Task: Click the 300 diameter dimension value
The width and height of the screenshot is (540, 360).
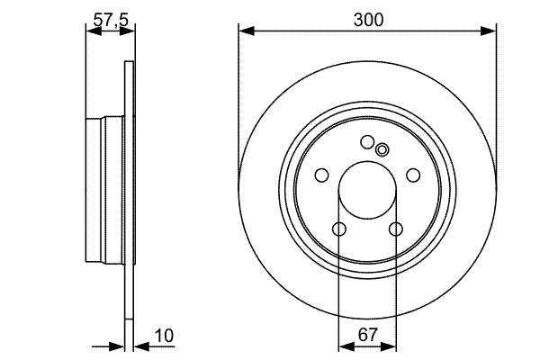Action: (x=368, y=20)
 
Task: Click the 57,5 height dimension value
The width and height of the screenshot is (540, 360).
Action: (x=111, y=20)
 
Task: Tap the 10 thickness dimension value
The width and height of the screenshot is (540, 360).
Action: (x=165, y=336)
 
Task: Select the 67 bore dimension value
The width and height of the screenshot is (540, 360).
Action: (x=367, y=335)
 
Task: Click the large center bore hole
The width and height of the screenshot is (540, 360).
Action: (x=367, y=190)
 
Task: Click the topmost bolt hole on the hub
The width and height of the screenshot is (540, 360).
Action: (x=367, y=142)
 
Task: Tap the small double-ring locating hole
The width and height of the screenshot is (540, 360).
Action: (x=382, y=150)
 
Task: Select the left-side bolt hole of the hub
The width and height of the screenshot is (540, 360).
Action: (x=321, y=175)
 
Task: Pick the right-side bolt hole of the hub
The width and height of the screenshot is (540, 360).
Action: (x=413, y=175)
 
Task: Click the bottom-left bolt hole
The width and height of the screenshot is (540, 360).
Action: (x=339, y=229)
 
